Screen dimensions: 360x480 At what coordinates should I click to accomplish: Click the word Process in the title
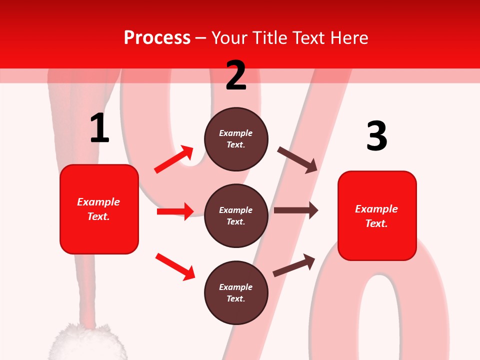tap(157, 38)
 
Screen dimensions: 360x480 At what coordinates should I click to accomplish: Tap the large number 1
tap(99, 128)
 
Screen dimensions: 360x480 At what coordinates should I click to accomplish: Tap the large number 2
tap(236, 75)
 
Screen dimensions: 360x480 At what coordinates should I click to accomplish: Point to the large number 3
tap(376, 136)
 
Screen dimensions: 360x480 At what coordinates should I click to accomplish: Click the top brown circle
tap(236, 139)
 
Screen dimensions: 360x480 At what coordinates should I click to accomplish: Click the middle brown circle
tap(236, 215)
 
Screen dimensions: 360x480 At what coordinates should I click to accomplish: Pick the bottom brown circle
tap(236, 292)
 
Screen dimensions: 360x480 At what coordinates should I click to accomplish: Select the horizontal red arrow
tap(175, 211)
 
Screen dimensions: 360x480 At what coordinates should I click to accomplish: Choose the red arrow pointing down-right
tap(175, 266)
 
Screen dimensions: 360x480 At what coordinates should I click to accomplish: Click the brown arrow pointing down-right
tap(297, 159)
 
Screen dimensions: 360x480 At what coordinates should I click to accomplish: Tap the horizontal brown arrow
tap(295, 210)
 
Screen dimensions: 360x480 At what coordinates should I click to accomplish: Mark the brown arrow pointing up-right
tap(294, 265)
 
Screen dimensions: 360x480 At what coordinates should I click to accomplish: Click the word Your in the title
tap(229, 38)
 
